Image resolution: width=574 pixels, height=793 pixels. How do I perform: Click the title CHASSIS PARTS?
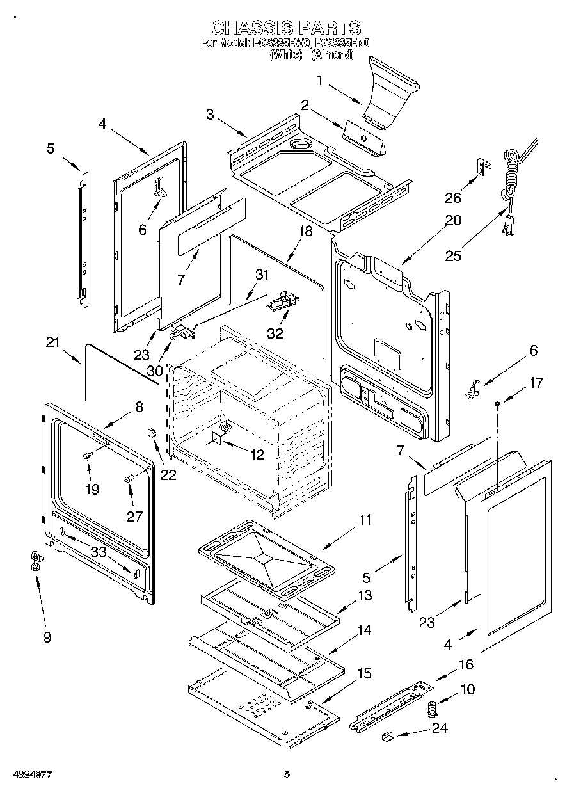coord(286,28)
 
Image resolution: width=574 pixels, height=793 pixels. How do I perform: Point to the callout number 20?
coord(452,221)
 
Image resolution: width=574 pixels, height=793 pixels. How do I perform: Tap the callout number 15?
coord(363,673)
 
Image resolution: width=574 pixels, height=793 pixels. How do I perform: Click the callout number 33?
coord(98,552)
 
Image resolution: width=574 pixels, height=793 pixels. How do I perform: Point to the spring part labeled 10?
coord(432,709)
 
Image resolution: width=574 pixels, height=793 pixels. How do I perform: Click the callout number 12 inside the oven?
coord(257,455)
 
